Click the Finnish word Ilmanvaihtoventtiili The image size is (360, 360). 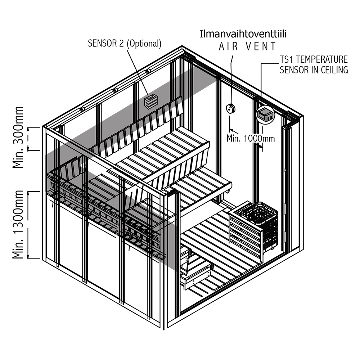[243, 34]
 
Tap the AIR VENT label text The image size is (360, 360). [247, 46]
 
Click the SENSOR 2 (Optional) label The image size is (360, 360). [125, 44]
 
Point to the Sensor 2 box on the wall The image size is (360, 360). [151, 101]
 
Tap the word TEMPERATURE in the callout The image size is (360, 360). [321, 59]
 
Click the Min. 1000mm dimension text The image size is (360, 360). [251, 138]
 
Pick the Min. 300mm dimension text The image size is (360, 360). [18, 137]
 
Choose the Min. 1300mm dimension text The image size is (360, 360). [18, 224]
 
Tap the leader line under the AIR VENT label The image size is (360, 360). [231, 80]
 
